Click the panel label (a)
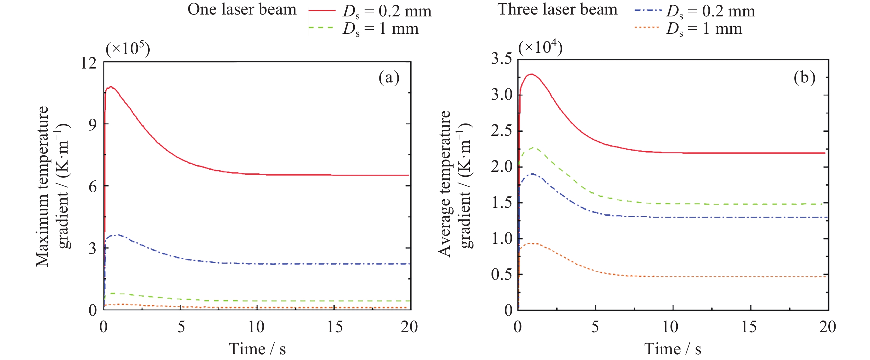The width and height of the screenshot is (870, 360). pyautogui.click(x=389, y=78)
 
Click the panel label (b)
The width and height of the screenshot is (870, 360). pyautogui.click(x=804, y=78)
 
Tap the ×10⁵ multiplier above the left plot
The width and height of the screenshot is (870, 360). pyautogui.click(x=128, y=49)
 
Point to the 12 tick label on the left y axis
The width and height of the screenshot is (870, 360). pyautogui.click(x=88, y=63)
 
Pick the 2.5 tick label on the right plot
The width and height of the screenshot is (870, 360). pyautogui.click(x=501, y=131)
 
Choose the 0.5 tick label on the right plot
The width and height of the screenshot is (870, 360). pyautogui.click(x=501, y=274)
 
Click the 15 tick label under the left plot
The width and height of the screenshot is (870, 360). pyautogui.click(x=334, y=327)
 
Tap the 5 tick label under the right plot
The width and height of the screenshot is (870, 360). pyautogui.click(x=595, y=327)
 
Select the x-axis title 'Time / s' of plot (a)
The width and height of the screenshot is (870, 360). pyautogui.click(x=257, y=349)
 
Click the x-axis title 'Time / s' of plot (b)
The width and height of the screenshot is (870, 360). pyautogui.click(x=672, y=349)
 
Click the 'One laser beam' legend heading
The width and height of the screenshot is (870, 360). pyautogui.click(x=242, y=9)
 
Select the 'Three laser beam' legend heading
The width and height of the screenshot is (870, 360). pyautogui.click(x=557, y=9)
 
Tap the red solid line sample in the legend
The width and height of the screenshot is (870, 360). pyautogui.click(x=322, y=11)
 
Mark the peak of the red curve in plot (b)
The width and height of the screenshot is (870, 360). pyautogui.click(x=532, y=74)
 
